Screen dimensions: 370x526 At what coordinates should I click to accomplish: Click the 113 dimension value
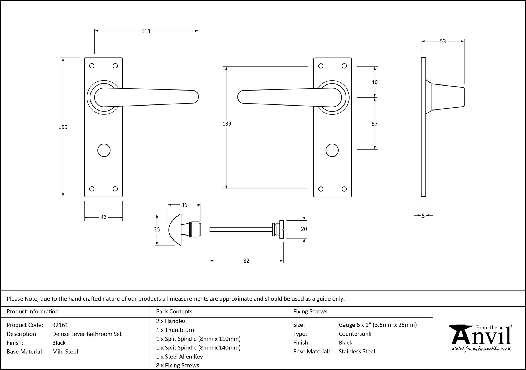tap(146, 31)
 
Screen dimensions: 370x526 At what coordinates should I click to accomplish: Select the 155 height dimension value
tap(63, 127)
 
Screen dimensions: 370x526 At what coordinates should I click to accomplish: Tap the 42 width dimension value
tap(103, 217)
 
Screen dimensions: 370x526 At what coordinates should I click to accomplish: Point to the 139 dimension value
tap(227, 124)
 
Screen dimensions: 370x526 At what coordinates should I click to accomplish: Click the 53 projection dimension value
tap(443, 41)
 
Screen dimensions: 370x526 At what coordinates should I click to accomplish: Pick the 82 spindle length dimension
tap(246, 261)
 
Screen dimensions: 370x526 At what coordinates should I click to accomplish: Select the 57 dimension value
tap(375, 124)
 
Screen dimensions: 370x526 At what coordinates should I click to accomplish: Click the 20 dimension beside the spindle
tap(304, 229)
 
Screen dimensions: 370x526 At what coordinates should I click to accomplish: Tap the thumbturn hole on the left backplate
tap(104, 150)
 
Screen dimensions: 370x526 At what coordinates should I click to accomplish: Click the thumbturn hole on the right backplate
tap(332, 150)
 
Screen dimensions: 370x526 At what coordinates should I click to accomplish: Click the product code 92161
tap(60, 325)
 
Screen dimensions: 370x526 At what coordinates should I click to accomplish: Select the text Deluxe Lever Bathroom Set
tap(87, 334)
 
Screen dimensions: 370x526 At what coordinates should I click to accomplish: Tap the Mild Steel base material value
tap(65, 352)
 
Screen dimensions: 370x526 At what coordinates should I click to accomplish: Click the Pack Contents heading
tap(174, 312)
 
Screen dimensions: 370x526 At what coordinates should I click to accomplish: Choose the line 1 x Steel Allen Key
tap(179, 357)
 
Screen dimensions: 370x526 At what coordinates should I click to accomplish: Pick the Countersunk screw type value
tap(355, 334)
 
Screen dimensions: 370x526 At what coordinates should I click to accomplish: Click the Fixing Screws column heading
tap(310, 312)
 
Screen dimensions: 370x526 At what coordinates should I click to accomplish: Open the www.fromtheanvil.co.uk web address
tap(481, 349)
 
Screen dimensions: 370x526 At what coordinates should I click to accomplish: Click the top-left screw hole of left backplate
tap(92, 66)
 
